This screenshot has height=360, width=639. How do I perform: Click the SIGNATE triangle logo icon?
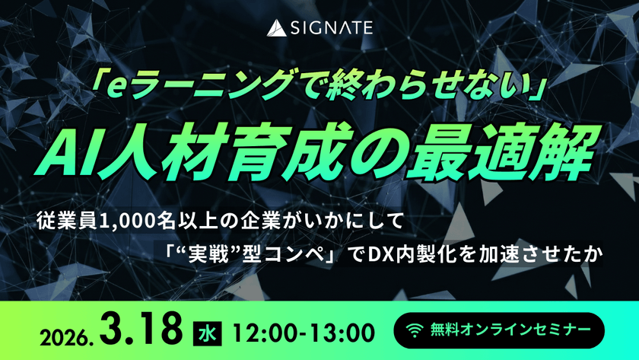pyautogui.click(x=276, y=28)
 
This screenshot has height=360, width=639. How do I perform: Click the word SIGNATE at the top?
pyautogui.click(x=332, y=28)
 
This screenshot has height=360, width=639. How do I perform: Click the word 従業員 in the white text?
pyautogui.click(x=66, y=221)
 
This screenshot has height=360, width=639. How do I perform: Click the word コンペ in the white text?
pyautogui.click(x=294, y=255)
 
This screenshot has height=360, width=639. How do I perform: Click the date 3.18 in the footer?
pyautogui.click(x=141, y=330)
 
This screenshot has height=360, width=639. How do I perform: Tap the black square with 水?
pyautogui.click(x=208, y=334)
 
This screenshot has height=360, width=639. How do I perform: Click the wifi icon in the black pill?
pyautogui.click(x=415, y=330)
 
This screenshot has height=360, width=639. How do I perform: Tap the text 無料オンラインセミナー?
pyautogui.click(x=510, y=330)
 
